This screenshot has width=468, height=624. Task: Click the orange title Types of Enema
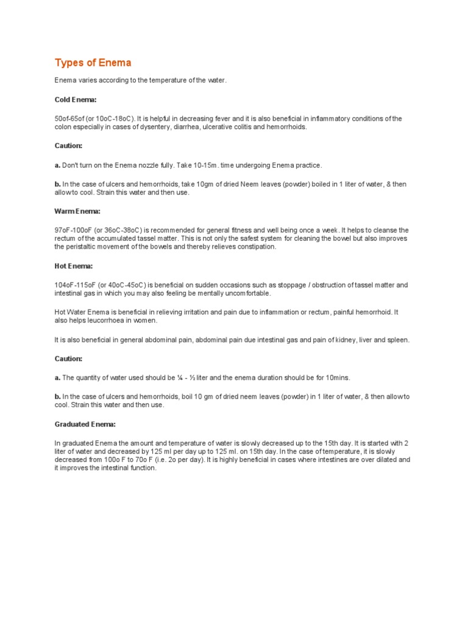pyautogui.click(x=93, y=63)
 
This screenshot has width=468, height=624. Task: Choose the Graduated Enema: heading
pyautogui.click(x=85, y=424)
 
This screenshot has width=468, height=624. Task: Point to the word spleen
pyautogui.click(x=397, y=339)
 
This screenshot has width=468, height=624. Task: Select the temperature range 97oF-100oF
pyautogui.click(x=74, y=230)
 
